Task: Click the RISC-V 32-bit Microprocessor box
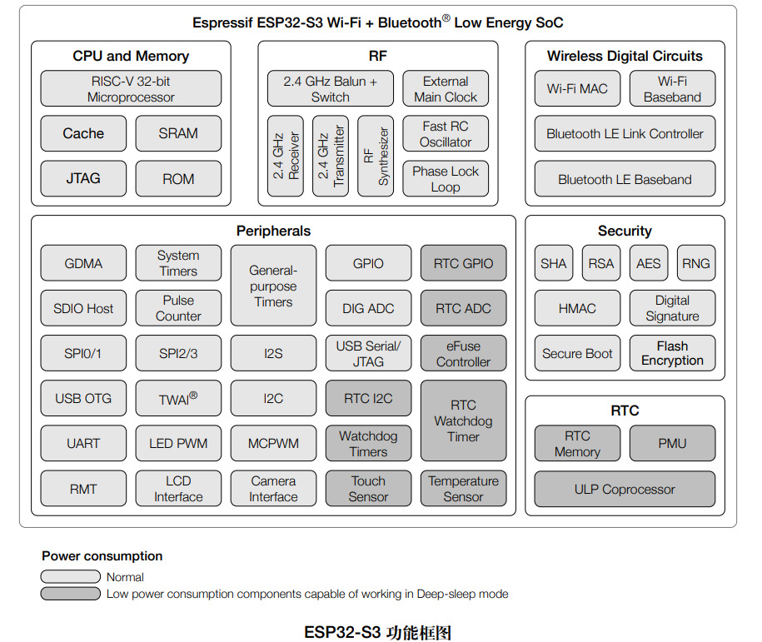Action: (131, 88)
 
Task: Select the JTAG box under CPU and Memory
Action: (83, 178)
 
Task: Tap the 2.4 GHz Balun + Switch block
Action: (330, 88)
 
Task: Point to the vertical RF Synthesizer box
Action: (375, 156)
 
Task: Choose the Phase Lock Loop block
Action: (446, 179)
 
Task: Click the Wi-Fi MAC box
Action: (577, 88)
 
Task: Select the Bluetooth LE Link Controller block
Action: (625, 133)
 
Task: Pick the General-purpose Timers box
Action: (273, 286)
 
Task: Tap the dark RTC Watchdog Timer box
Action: (463, 421)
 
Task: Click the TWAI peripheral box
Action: (178, 398)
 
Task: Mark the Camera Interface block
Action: (273, 489)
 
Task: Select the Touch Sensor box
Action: (368, 489)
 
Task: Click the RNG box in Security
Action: (695, 263)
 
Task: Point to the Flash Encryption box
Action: (672, 353)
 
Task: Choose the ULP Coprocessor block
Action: (625, 490)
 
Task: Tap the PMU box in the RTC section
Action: (672, 443)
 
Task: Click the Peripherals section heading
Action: (273, 231)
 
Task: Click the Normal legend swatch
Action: (70, 576)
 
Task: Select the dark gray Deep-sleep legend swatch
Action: (70, 594)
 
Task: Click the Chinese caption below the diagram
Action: (378, 632)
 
